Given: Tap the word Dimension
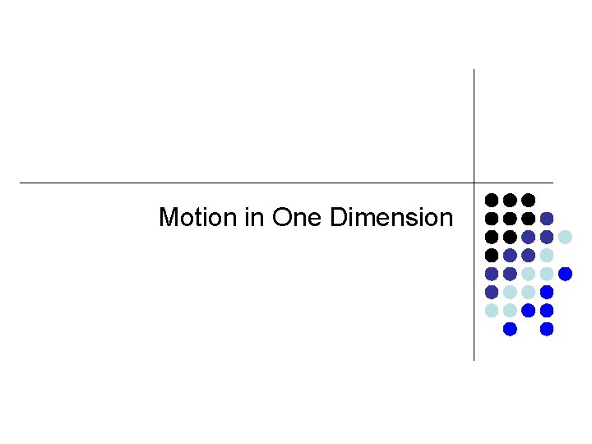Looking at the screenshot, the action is [x=391, y=218].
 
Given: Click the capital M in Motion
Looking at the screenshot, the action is [x=169, y=218].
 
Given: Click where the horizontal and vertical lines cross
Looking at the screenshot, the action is [x=474, y=183].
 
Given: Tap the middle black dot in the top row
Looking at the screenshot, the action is [x=510, y=200].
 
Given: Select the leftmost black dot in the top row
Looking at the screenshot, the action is [x=491, y=200].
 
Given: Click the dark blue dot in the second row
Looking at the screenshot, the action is [x=547, y=219].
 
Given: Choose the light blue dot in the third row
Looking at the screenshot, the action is [x=565, y=237].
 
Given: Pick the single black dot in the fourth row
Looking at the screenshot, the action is [x=491, y=255].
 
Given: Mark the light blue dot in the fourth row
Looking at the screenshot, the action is [x=547, y=255].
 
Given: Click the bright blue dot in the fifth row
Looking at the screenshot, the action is [x=565, y=274].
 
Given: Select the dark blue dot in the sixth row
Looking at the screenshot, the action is [x=491, y=292].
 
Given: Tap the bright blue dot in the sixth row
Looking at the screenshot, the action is [x=547, y=292].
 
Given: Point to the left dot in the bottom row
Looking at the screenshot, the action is [x=510, y=329].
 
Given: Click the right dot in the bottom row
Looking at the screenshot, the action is [x=547, y=329].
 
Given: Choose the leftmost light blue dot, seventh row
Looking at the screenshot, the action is [x=491, y=311].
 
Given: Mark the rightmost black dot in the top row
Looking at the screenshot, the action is [x=529, y=200].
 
